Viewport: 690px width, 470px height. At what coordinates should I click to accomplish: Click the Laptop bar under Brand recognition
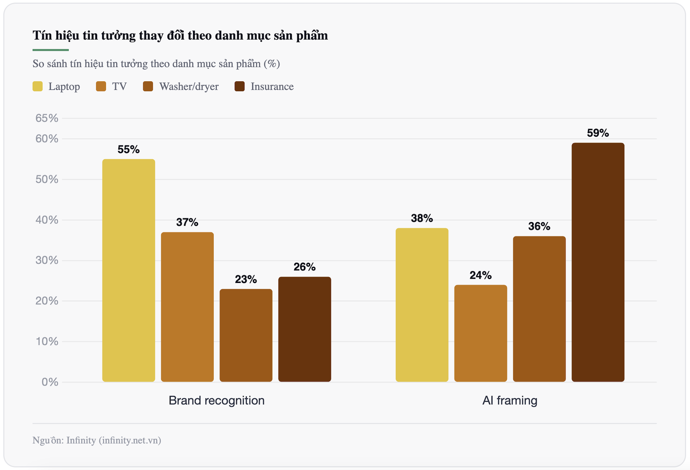pyautogui.click(x=129, y=270)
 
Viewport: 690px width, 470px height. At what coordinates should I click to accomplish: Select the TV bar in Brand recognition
pyautogui.click(x=187, y=307)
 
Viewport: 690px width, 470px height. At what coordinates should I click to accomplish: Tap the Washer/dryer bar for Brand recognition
pyautogui.click(x=246, y=335)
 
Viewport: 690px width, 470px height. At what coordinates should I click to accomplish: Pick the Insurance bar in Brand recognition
pyautogui.click(x=305, y=329)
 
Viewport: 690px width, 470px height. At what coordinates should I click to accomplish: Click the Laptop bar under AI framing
pyautogui.click(x=422, y=305)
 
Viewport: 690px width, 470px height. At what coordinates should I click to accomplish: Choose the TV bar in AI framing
pyautogui.click(x=481, y=333)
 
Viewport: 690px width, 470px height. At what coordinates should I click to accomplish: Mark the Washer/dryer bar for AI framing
pyautogui.click(x=539, y=309)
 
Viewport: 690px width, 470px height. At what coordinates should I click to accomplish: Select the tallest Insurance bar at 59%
pyautogui.click(x=598, y=262)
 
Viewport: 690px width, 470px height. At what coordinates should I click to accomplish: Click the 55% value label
pyautogui.click(x=129, y=150)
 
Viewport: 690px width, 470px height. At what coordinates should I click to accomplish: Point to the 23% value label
pyautogui.click(x=246, y=279)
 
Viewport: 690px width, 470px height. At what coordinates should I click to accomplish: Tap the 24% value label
pyautogui.click(x=481, y=275)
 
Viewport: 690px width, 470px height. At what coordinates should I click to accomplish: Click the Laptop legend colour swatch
pyautogui.click(x=38, y=86)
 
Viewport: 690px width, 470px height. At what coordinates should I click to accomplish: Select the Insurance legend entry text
pyautogui.click(x=272, y=87)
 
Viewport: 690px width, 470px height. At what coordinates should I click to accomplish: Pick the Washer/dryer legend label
pyautogui.click(x=189, y=87)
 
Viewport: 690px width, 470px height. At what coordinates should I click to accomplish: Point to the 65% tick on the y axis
pyautogui.click(x=47, y=118)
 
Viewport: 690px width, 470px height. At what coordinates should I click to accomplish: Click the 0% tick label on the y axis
pyautogui.click(x=50, y=382)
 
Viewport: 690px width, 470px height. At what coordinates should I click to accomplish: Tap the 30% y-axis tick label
pyautogui.click(x=47, y=260)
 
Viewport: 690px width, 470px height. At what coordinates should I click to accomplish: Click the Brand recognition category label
pyautogui.click(x=217, y=401)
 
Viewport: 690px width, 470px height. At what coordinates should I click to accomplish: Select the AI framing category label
pyautogui.click(x=510, y=401)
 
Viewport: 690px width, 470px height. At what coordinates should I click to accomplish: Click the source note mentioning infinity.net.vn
pyautogui.click(x=97, y=441)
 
